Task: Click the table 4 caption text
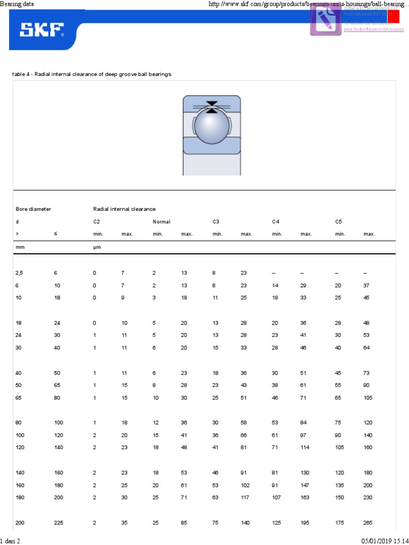pyautogui.click(x=92, y=74)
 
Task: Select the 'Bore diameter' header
pyautogui.click(x=34, y=209)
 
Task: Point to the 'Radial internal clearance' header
pyautogui.click(x=124, y=209)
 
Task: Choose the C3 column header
pyautogui.click(x=216, y=221)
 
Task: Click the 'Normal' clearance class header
pyautogui.click(x=161, y=221)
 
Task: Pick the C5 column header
pyautogui.click(x=338, y=221)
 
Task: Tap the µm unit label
pyautogui.click(x=96, y=247)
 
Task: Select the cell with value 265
pyautogui.click(x=368, y=523)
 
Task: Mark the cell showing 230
pyautogui.click(x=368, y=497)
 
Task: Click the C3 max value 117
pyautogui.click(x=246, y=497)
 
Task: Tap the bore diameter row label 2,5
pyautogui.click(x=19, y=272)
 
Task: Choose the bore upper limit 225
pyautogui.click(x=58, y=523)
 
